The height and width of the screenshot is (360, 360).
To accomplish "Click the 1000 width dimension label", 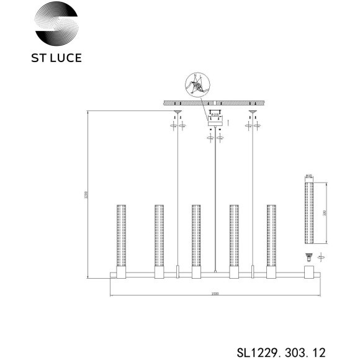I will (215, 294).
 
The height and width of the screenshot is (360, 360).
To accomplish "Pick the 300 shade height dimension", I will (325, 211).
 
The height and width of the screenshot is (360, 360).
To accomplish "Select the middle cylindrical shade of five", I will (196, 235).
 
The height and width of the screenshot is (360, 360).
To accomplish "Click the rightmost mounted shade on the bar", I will (271, 235).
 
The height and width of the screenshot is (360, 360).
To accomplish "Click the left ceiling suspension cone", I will (178, 113).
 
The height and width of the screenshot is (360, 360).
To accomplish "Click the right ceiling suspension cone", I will (253, 113).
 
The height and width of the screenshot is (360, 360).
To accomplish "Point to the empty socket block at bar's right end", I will (308, 273).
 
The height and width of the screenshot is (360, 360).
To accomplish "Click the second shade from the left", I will (159, 235).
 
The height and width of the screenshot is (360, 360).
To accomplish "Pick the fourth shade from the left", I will (234, 235).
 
